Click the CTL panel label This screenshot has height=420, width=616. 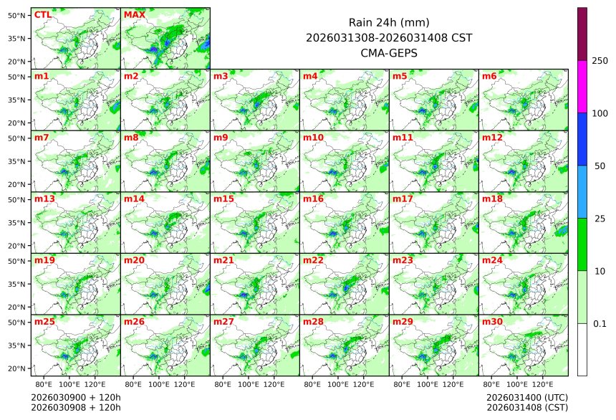tap(43, 14)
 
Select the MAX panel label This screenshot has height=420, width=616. tap(134, 14)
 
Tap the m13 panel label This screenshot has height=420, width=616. tap(44, 199)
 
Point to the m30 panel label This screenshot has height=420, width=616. tap(492, 322)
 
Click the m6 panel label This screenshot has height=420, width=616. tap(489, 76)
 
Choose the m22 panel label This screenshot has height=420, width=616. tap(313, 260)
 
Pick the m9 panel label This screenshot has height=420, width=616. tap(221, 137)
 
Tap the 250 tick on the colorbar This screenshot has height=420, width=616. tap(600, 61)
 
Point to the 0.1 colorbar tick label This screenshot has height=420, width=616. tap(600, 323)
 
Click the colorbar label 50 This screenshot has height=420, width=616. tap(600, 166)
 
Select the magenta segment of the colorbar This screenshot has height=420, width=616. tap(582, 86)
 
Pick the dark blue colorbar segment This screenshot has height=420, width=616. tap(582, 139)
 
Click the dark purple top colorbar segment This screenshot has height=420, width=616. tap(582, 34)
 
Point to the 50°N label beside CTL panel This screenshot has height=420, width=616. tap(17, 15)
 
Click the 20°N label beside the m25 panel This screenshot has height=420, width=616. tap(17, 368)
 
